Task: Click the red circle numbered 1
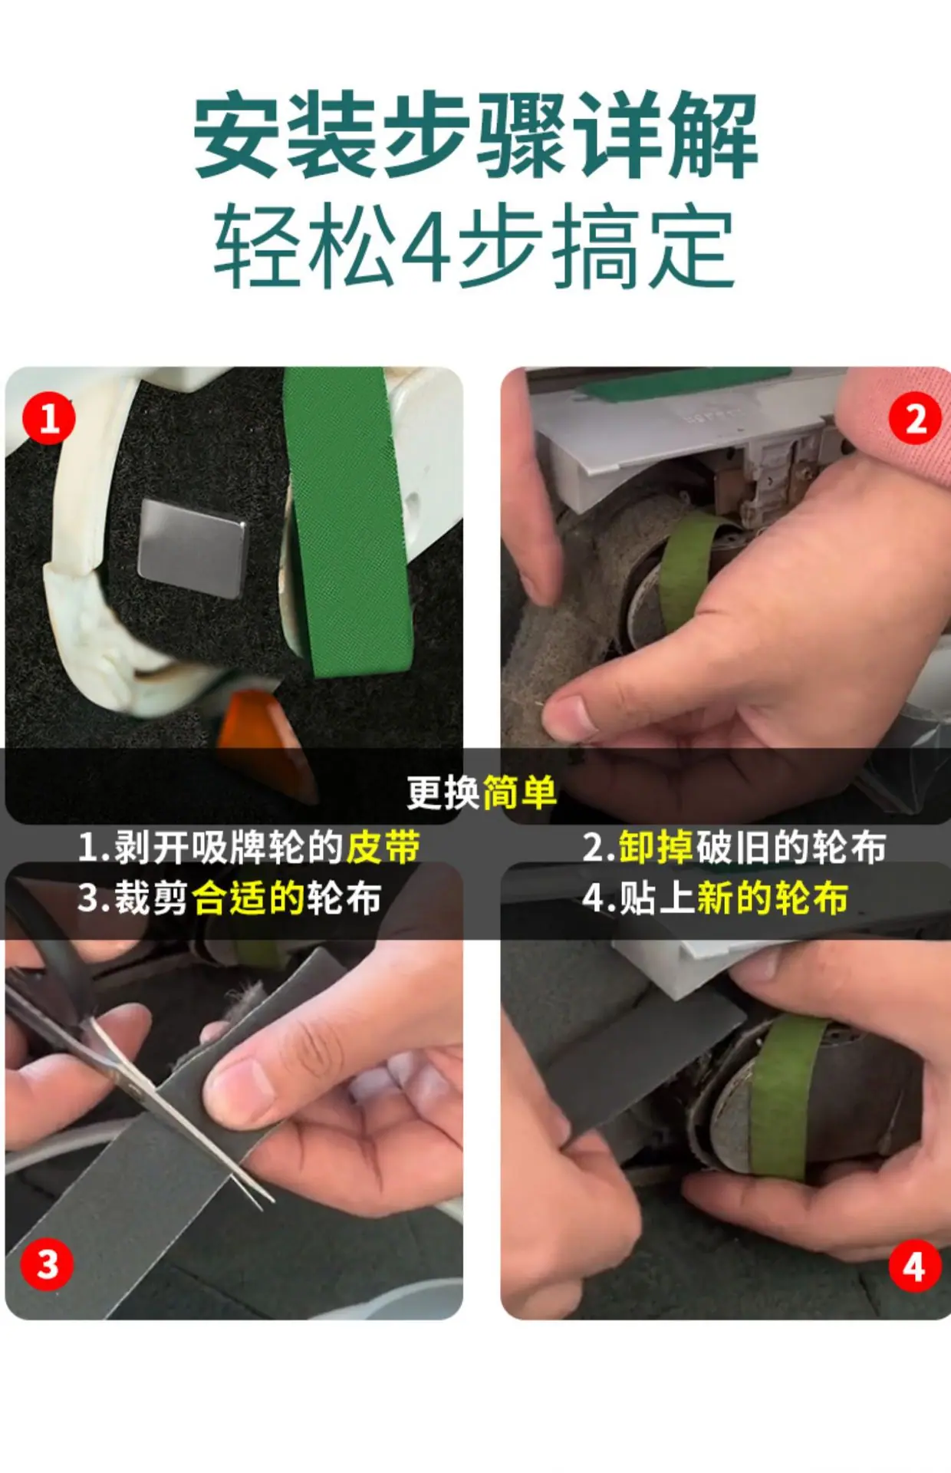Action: [x=49, y=418]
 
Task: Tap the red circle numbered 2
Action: [x=916, y=418]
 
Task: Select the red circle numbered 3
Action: [x=48, y=1264]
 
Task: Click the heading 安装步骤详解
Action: [x=475, y=135]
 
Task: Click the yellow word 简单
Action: [x=519, y=793]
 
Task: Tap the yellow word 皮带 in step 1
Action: [x=383, y=847]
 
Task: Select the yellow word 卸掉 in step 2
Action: [x=656, y=847]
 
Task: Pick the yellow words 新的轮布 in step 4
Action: [x=772, y=898]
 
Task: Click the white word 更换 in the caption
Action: [x=443, y=793]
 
